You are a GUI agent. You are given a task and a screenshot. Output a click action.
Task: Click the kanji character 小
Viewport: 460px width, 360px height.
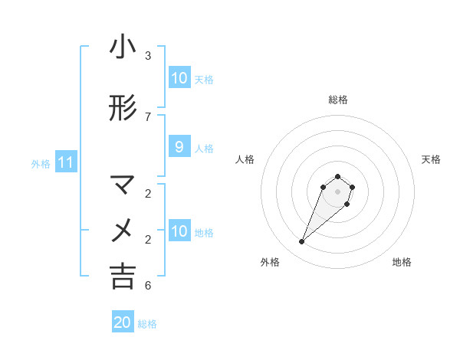click(x=123, y=47)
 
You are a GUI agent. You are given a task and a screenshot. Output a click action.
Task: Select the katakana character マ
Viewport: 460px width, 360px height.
click(x=123, y=185)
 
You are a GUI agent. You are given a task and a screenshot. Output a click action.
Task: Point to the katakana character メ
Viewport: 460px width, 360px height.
click(x=123, y=230)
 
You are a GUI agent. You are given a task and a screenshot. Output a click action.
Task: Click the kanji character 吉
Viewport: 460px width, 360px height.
click(x=123, y=276)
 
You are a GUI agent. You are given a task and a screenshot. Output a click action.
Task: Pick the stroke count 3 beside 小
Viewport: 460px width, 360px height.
click(x=148, y=56)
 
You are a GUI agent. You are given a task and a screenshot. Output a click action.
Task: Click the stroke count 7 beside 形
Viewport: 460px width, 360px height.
click(x=148, y=116)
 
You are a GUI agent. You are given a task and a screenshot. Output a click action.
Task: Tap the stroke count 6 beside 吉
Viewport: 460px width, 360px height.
click(x=148, y=286)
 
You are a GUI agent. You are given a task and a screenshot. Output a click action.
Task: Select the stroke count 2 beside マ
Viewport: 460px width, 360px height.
click(x=148, y=193)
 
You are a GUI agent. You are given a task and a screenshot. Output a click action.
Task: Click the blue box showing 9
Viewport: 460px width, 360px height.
click(x=179, y=147)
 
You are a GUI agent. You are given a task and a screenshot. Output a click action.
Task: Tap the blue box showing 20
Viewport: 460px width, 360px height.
click(x=123, y=322)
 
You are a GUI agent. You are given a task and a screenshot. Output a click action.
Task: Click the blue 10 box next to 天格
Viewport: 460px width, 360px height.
click(x=179, y=78)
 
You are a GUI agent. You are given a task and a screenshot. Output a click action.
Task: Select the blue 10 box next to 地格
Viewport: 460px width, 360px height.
click(x=179, y=231)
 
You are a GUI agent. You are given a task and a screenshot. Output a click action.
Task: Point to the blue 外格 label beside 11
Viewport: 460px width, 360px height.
click(x=40, y=163)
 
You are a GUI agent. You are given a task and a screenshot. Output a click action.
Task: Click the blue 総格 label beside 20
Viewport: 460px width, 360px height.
click(x=147, y=323)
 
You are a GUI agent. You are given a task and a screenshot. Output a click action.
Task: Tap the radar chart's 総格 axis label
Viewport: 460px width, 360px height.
click(x=338, y=100)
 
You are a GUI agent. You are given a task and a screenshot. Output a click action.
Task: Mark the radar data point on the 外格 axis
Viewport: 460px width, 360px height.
click(x=302, y=242)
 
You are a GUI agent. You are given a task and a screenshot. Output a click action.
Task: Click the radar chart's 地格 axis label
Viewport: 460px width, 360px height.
click(x=402, y=263)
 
